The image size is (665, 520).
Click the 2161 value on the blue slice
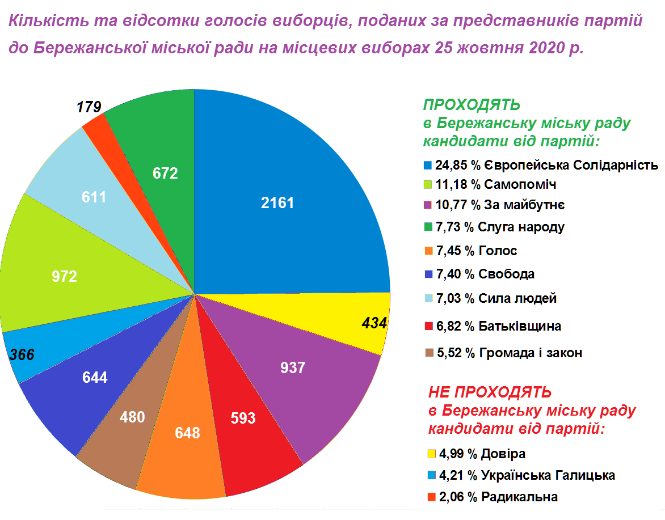[x=277, y=203]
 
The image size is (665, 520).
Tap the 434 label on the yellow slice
[x=374, y=323]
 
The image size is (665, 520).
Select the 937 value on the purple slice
[x=293, y=368]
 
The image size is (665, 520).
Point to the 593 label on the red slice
[x=243, y=418]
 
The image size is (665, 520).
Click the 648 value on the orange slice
[x=188, y=433]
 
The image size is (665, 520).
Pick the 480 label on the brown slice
[x=133, y=417]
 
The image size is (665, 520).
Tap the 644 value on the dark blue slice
[x=95, y=378]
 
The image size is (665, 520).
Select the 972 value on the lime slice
[x=64, y=277]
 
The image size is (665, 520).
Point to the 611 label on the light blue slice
[x=94, y=197]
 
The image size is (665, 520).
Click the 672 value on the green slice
[x=166, y=173]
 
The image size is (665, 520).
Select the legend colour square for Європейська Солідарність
[x=428, y=166]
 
